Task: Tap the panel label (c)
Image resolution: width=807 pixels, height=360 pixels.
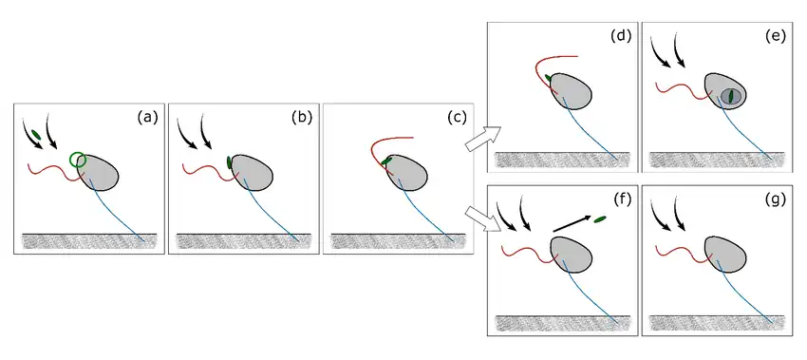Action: [456, 118]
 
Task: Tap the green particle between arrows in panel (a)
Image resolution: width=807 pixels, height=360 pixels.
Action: [35, 135]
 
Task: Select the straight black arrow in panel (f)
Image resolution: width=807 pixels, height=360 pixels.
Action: [572, 224]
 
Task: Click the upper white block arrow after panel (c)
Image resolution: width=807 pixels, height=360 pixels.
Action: [483, 139]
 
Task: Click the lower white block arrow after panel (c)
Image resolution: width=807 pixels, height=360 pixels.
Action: [483, 218]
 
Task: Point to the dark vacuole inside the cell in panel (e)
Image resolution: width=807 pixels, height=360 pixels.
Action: [730, 97]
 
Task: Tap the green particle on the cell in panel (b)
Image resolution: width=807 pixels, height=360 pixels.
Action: [229, 162]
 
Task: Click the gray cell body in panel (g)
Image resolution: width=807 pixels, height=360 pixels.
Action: [725, 252]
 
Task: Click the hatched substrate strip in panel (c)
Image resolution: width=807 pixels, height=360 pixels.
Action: [399, 241]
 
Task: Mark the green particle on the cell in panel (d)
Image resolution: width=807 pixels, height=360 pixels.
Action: [549, 78]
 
